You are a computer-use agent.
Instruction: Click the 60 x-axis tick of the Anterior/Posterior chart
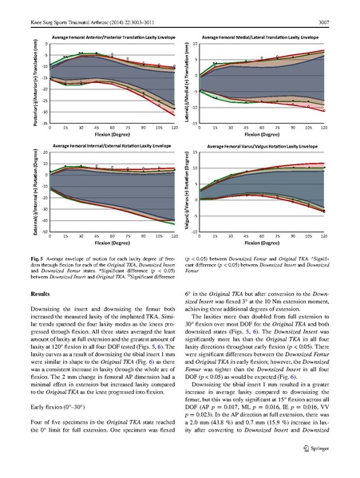[x=112, y=128]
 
